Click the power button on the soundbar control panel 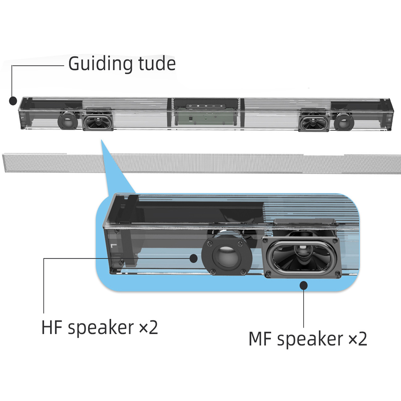(190, 106)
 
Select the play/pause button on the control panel (206, 106)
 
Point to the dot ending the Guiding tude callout (13, 101)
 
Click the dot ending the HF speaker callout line (194, 258)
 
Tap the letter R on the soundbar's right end (389, 119)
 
